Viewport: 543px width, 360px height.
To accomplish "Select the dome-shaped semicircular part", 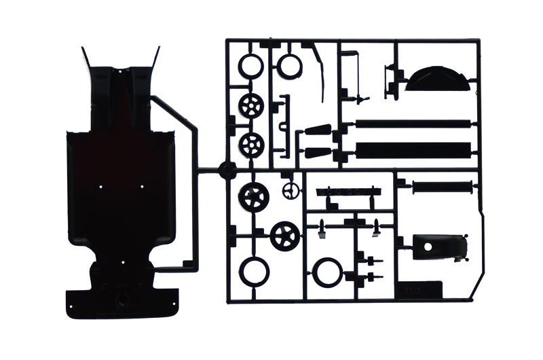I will [x=438, y=79].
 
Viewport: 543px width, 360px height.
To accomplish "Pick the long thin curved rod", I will [x=320, y=74].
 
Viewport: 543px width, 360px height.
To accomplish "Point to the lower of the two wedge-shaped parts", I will [x=317, y=151].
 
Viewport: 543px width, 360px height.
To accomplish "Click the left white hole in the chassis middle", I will [x=100, y=185].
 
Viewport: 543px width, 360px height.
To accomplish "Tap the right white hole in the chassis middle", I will [x=142, y=185].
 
